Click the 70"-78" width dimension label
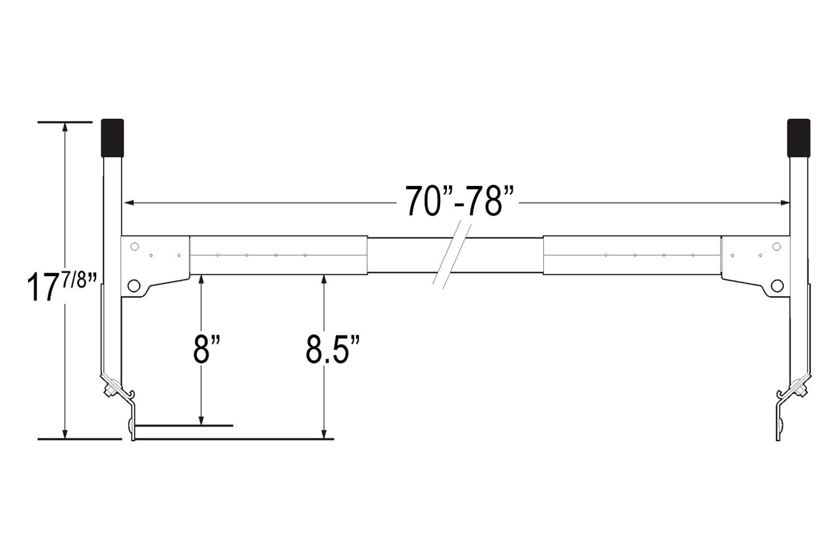pos(459,200)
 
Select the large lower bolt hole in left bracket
pos(133,286)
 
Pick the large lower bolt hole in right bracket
pos(777,286)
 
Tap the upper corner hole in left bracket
pos(134,246)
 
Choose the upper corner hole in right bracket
pos(777,246)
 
